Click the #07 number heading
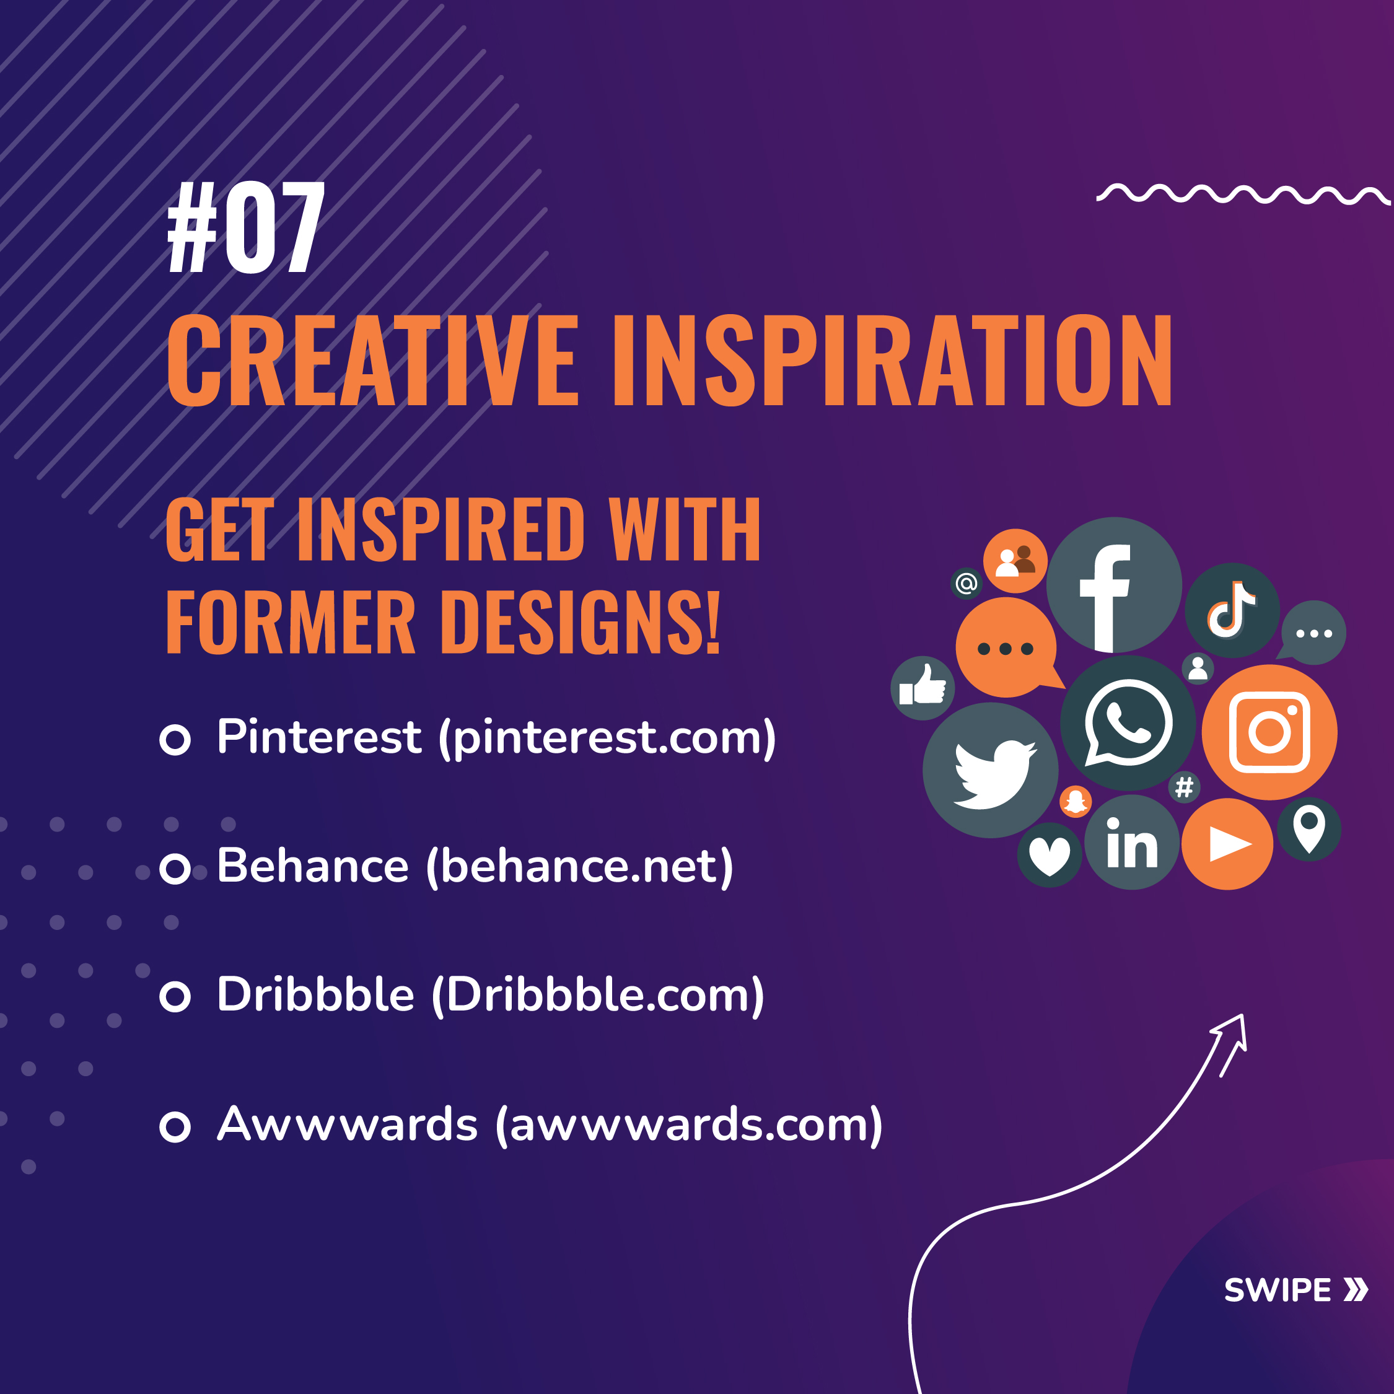pyautogui.click(x=246, y=227)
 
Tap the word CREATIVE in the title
pyautogui.click(x=372, y=360)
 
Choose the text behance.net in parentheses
pyautogui.click(x=579, y=866)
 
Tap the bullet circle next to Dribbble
pyautogui.click(x=175, y=997)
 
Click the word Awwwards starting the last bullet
pyautogui.click(x=347, y=1124)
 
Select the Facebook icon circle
pyautogui.click(x=1114, y=585)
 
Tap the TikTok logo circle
pyautogui.click(x=1232, y=610)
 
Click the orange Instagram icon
pyautogui.click(x=1269, y=732)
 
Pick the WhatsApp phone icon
pyautogui.click(x=1128, y=723)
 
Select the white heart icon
pyautogui.click(x=1049, y=855)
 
